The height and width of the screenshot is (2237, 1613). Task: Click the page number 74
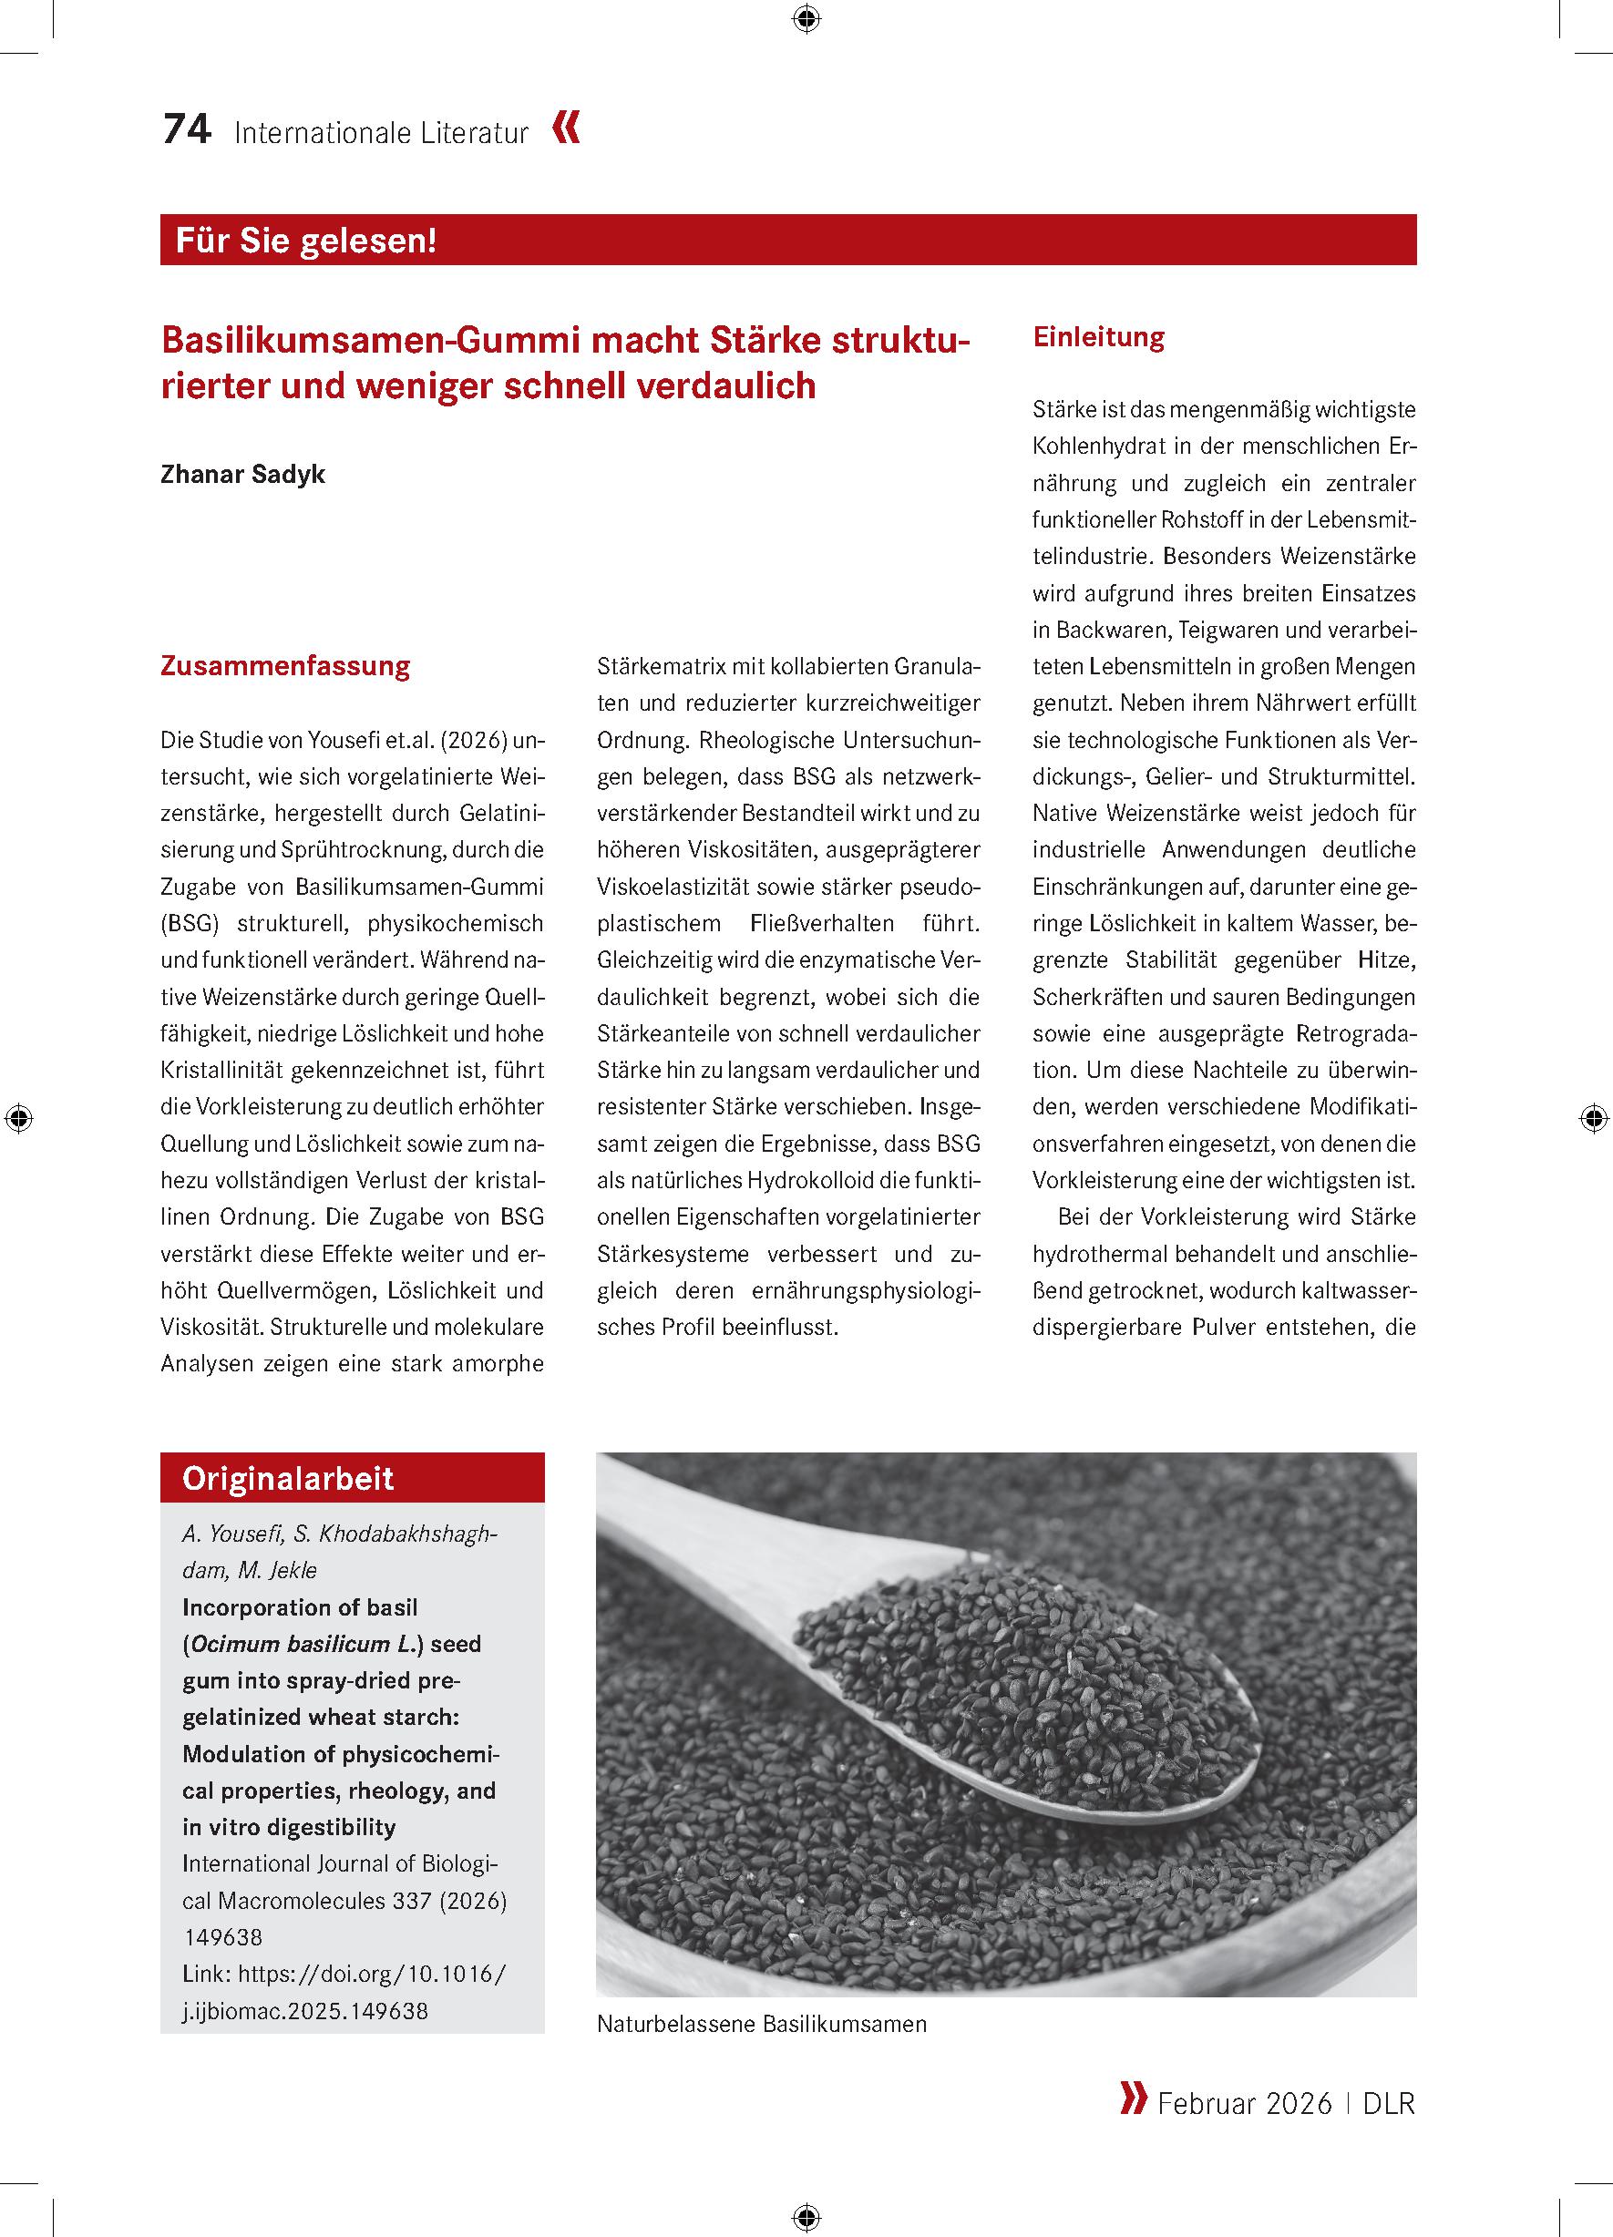(187, 130)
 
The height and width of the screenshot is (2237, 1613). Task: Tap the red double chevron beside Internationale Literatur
(566, 129)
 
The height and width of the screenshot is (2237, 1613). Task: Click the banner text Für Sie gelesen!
(306, 241)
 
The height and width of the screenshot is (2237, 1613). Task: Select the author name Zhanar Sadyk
(242, 474)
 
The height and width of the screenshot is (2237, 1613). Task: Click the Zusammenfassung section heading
(285, 666)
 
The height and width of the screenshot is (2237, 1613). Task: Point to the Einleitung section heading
(1098, 337)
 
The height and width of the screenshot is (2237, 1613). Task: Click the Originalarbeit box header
(288, 1478)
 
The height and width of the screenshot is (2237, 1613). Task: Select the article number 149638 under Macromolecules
(223, 1936)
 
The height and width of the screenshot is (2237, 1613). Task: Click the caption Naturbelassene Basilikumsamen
(762, 2024)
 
